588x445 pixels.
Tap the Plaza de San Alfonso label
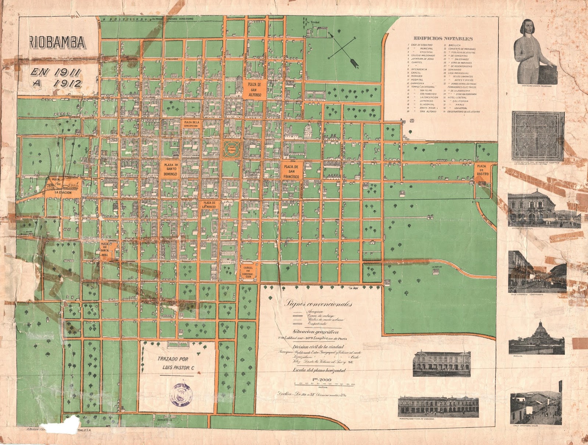coord(254,90)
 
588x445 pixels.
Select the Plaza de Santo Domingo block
coord(170,169)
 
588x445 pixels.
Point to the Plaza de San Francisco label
coord(291,171)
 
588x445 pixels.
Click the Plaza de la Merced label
coord(209,205)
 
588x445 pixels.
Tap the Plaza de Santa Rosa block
coord(104,249)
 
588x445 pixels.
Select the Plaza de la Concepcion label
coord(191,124)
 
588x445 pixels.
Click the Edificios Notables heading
coord(443,38)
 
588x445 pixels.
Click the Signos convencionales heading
coord(318,304)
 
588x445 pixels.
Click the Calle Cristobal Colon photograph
coord(536,403)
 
